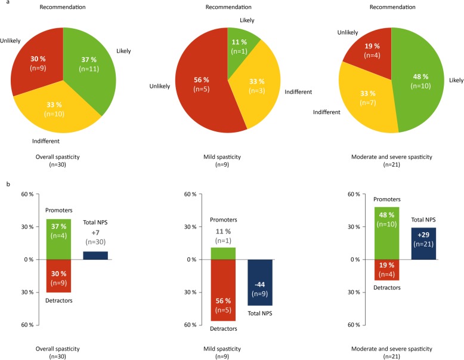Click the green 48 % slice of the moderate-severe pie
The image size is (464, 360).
coord(417,90)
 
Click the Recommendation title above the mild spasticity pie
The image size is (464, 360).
coord(228,7)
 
